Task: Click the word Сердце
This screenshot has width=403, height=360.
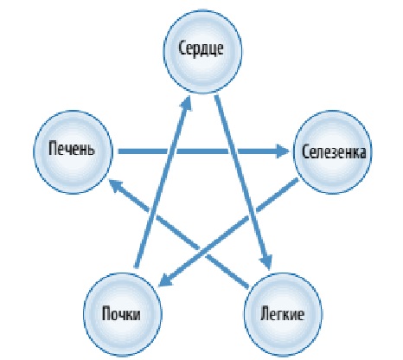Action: point(201,48)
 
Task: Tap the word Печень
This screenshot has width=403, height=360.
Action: point(72,149)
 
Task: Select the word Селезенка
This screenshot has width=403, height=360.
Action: point(334,151)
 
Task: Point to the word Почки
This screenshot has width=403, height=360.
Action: point(121,313)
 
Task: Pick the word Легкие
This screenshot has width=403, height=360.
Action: point(282,313)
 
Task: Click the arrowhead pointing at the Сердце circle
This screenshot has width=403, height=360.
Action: point(187,103)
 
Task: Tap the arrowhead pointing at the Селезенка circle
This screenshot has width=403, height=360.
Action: point(283,151)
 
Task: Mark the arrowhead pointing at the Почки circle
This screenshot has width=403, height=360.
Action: point(165,280)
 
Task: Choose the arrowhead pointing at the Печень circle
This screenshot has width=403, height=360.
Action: point(116,185)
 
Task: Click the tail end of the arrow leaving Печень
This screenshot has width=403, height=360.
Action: point(119,151)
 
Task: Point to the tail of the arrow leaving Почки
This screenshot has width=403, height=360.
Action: point(137,267)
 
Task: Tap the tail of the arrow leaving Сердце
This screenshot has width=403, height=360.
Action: point(217,96)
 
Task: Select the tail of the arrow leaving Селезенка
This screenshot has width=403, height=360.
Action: point(297,180)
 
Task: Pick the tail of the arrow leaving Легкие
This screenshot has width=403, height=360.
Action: point(248,286)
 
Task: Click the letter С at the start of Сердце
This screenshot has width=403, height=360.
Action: point(182,48)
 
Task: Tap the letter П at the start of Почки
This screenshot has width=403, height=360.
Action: point(107,313)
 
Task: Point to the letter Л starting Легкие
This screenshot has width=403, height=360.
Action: point(265,313)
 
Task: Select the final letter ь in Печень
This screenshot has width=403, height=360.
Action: point(91,150)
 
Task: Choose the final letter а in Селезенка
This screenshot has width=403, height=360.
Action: point(362,153)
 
